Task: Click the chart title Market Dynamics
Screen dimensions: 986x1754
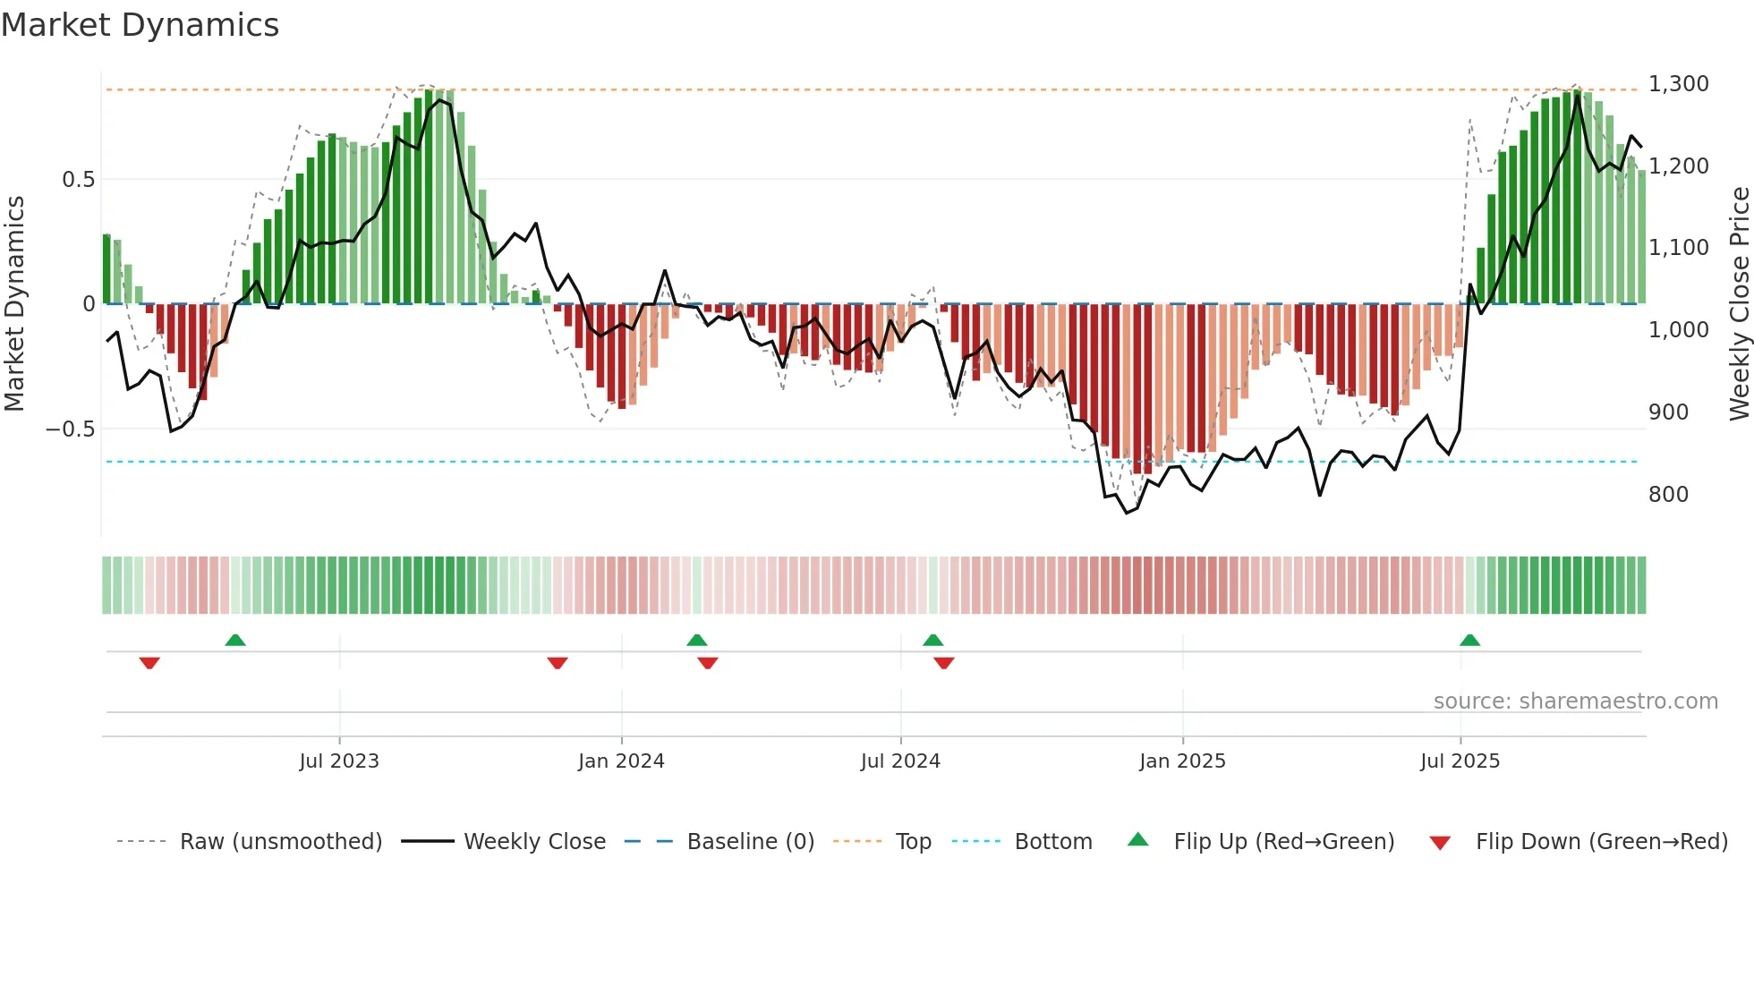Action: [140, 25]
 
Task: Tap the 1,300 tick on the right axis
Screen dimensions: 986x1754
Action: [1678, 84]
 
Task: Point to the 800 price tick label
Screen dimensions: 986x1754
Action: [1668, 495]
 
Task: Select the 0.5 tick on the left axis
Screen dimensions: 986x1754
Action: [78, 180]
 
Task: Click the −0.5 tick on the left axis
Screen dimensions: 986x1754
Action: [70, 429]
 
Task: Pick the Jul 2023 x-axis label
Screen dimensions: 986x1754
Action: [339, 761]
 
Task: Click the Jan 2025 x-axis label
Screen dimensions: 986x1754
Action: [1182, 761]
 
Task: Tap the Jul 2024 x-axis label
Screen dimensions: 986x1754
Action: [900, 761]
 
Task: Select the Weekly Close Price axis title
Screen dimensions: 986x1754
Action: [1739, 304]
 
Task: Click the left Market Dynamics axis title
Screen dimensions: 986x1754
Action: [14, 304]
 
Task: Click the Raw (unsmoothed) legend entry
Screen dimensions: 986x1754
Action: [280, 842]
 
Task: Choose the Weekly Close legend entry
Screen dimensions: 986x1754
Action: [534, 842]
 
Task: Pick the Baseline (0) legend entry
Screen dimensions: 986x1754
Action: [750, 842]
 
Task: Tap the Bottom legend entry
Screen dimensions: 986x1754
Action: [1053, 842]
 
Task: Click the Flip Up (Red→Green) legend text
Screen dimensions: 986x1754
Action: [1283, 842]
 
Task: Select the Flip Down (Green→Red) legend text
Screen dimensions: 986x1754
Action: [1601, 842]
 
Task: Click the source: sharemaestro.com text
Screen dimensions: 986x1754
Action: [1575, 701]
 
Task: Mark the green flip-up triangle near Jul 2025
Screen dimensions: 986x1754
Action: [1469, 640]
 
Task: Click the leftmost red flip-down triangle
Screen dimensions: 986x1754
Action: [149, 663]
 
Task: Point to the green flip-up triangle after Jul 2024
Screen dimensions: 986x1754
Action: [932, 640]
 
